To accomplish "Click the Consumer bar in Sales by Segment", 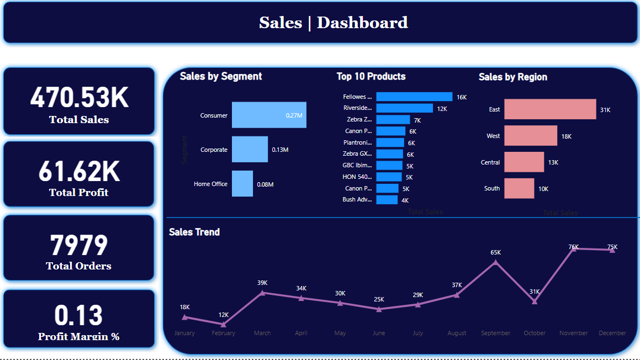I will [x=269, y=115].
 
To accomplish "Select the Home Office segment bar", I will [x=242, y=184].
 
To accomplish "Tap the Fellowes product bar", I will [x=414, y=97].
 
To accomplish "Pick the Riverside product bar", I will [x=404, y=108].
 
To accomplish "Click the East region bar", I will [x=550, y=109].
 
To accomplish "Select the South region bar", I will [x=519, y=188].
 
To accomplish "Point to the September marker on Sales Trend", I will [x=495, y=262].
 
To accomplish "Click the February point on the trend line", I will [x=223, y=324].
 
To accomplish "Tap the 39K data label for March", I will [x=262, y=283].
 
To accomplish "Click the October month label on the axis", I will [x=535, y=333].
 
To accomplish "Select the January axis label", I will [x=184, y=333].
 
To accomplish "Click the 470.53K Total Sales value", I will [x=79, y=98].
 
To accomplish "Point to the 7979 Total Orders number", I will [x=79, y=246].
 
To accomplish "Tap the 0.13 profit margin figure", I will [x=79, y=316].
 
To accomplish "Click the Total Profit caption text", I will [x=79, y=193].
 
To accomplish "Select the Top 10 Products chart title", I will [x=371, y=76].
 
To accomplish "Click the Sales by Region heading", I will [x=513, y=77].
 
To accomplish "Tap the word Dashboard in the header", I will [x=362, y=23].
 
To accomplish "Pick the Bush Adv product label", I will [x=357, y=199].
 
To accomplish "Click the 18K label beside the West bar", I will [x=567, y=136].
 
